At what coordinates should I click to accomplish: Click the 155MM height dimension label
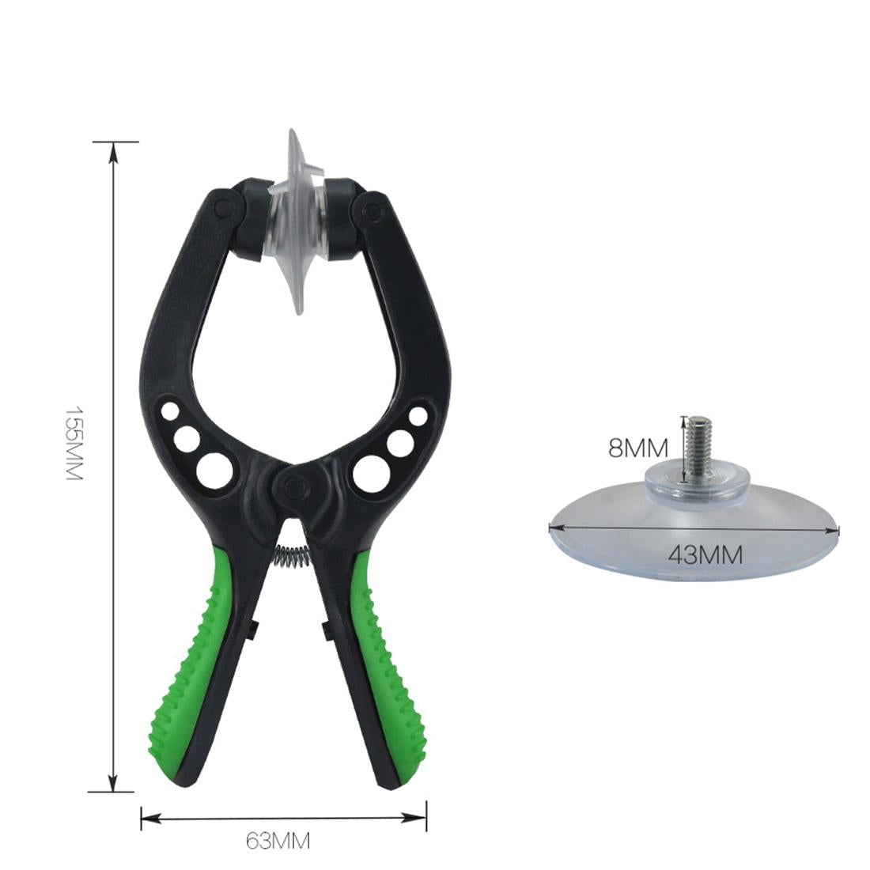point(73,444)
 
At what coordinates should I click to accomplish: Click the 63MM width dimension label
point(277,841)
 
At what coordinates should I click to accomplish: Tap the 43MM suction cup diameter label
point(705,554)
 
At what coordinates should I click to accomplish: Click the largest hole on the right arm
point(369,472)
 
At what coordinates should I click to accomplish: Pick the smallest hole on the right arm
point(419,415)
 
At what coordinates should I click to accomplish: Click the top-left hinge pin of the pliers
point(223,208)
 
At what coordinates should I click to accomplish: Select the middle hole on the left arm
point(187,437)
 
